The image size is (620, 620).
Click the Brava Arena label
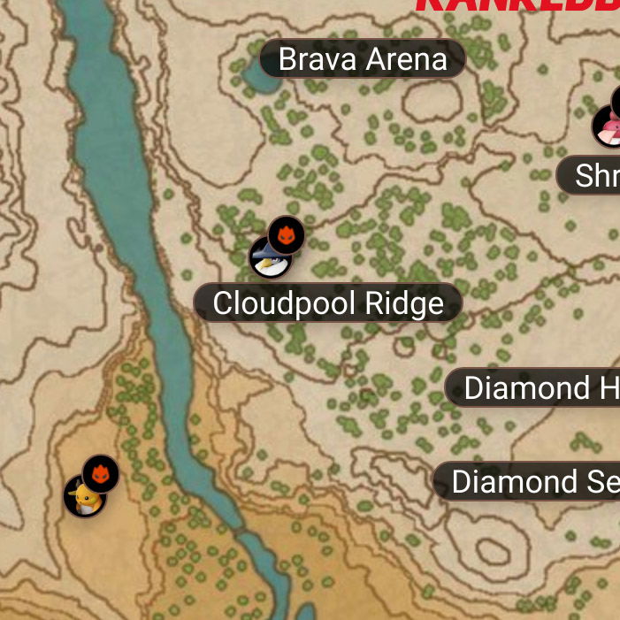[363, 60]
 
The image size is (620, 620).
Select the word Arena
[406, 60]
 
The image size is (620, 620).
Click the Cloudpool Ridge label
[328, 303]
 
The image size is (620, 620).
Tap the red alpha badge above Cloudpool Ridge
[286, 235]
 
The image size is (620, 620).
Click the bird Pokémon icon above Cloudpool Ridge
[269, 258]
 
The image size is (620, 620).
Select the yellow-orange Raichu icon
[84, 497]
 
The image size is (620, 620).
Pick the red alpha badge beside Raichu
[101, 474]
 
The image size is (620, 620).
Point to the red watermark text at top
[517, 4]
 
